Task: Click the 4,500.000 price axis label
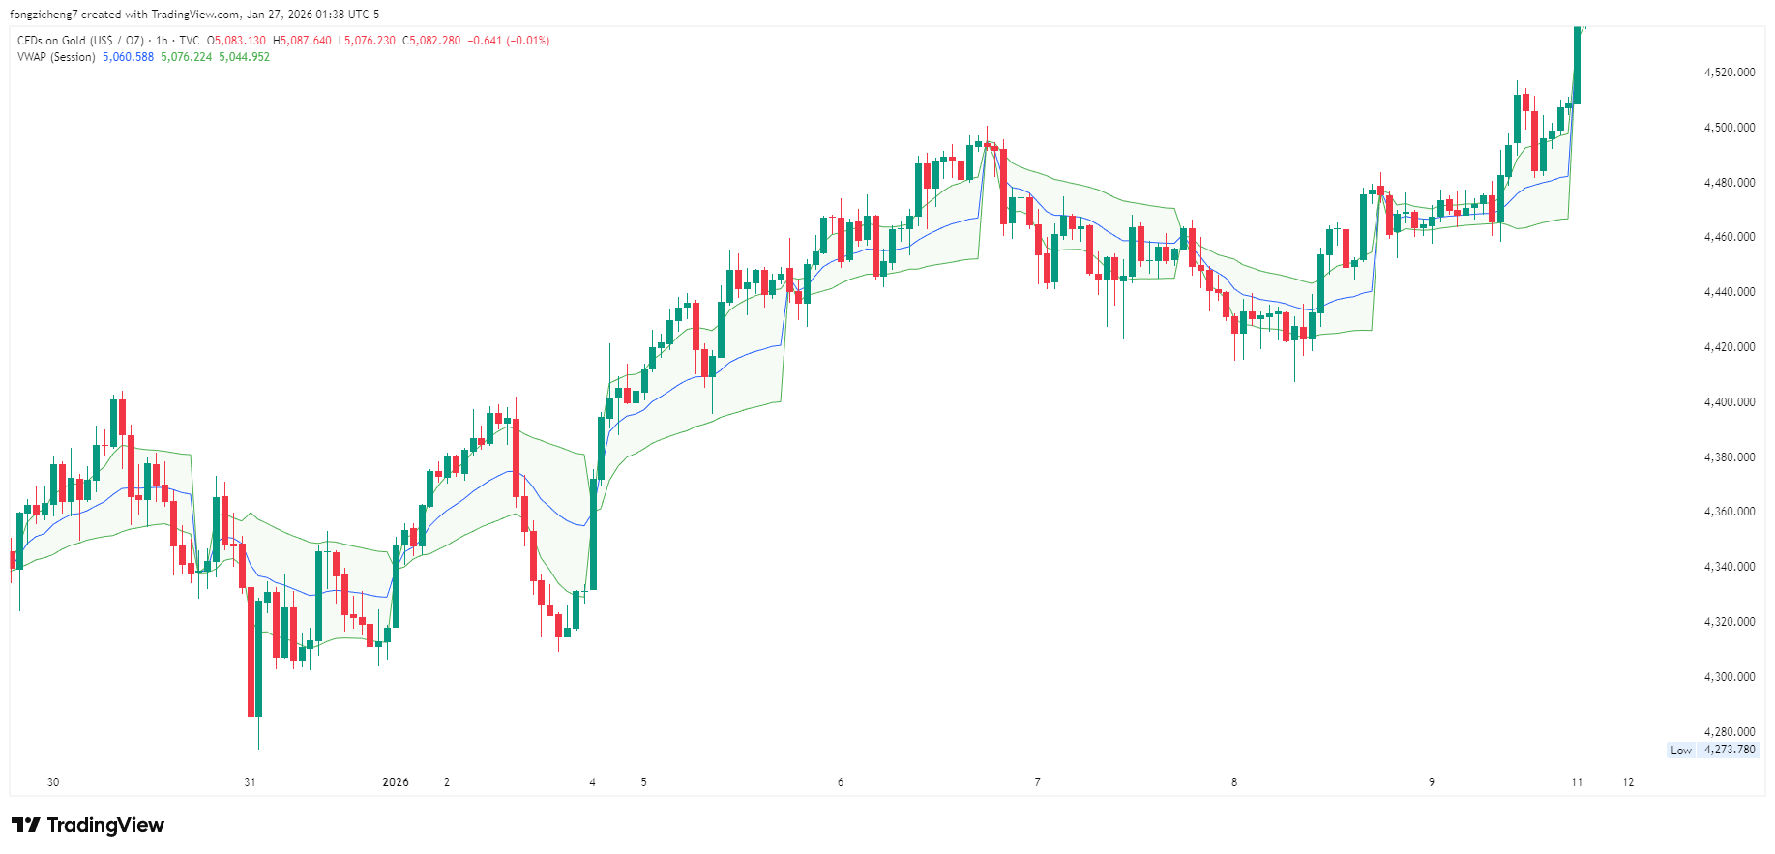pos(1729,128)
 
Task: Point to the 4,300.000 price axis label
pos(1729,677)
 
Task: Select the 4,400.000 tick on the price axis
pos(1729,402)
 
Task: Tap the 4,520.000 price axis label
pos(1729,73)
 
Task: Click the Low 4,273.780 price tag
pos(1712,750)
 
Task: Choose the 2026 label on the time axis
pos(396,782)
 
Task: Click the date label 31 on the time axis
pos(250,782)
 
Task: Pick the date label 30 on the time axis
pos(53,782)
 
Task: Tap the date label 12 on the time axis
pos(1628,782)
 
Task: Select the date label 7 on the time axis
pos(1037,782)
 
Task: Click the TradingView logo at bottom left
pos(88,825)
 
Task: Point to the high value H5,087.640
pos(302,41)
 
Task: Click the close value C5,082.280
pos(431,41)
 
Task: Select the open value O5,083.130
pos(236,41)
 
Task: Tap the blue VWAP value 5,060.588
pos(128,57)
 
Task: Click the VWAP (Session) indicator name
pos(56,57)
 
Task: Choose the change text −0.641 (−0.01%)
pos(509,41)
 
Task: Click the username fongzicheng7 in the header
pos(44,15)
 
